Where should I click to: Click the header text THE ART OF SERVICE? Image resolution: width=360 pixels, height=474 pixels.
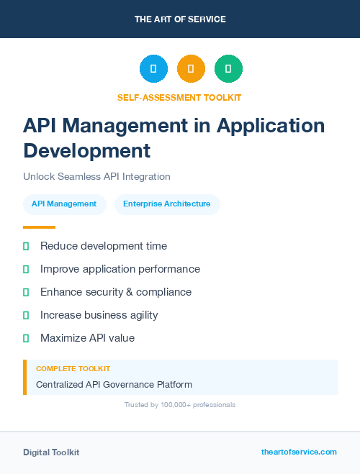pos(180,19)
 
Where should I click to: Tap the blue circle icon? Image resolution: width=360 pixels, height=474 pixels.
pos(153,69)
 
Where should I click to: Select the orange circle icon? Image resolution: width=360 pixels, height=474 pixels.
pos(191,69)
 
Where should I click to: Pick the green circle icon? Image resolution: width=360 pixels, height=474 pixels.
pos(228,69)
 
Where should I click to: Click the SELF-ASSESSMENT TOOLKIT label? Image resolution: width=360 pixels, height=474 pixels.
pos(179,97)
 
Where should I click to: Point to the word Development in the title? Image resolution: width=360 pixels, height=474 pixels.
pos(87,150)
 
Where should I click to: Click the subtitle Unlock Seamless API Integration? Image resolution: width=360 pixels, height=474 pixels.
pos(96,176)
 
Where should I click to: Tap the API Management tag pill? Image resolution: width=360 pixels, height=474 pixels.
pos(64,204)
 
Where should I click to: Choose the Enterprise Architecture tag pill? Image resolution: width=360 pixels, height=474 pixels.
pos(167,204)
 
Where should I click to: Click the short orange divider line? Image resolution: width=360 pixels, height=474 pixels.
pos(39,227)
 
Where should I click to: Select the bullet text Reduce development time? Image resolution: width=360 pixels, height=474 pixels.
pos(104,246)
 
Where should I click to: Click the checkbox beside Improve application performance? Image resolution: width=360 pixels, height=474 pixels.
pos(26,269)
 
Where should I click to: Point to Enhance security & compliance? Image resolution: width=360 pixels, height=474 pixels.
pos(116,292)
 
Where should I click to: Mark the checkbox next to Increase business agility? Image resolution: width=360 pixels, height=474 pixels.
pos(26,315)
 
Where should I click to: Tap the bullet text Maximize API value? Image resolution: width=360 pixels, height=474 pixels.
pos(87,338)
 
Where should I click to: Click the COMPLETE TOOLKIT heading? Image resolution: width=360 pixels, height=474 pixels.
pos(73,368)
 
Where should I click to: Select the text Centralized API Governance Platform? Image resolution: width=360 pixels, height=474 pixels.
pos(114,384)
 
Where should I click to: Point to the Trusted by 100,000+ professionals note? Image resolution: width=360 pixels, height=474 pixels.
pos(180,405)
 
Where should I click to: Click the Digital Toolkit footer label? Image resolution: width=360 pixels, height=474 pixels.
pos(51,452)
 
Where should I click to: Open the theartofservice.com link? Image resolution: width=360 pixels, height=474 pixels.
pos(299,452)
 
